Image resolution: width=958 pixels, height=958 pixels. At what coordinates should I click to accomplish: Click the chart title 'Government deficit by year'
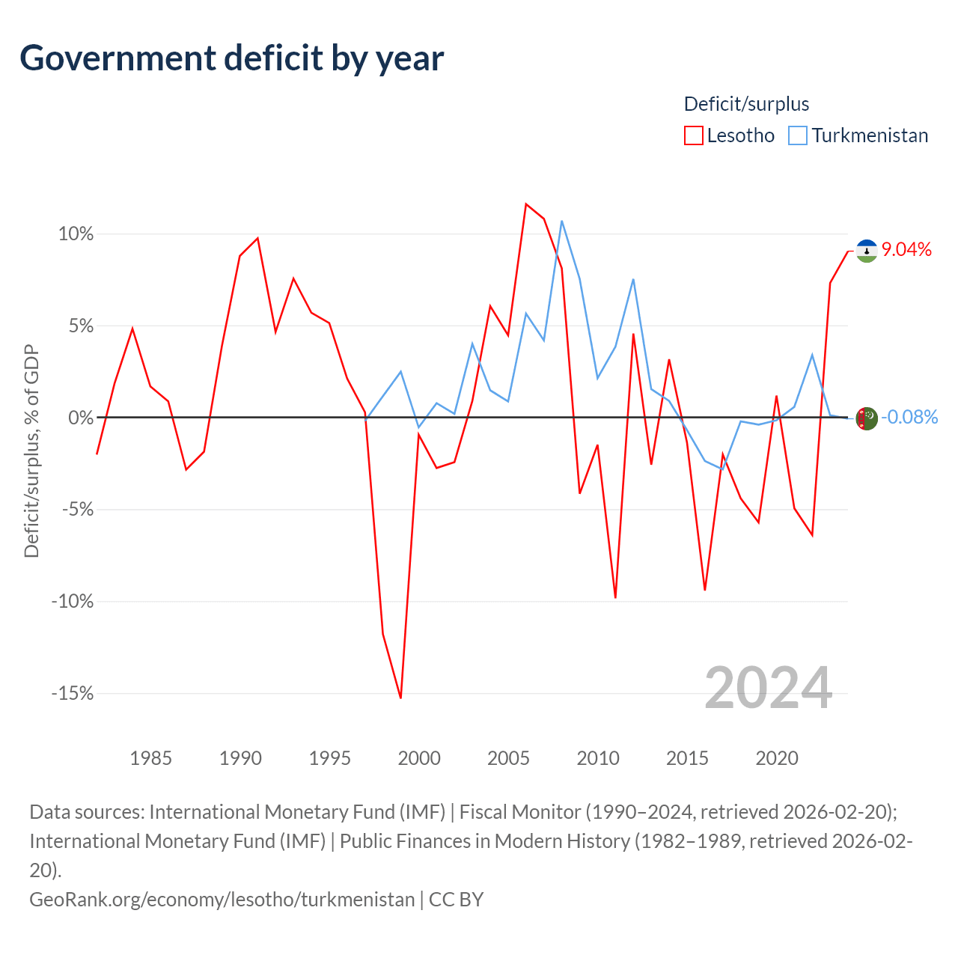[231, 58]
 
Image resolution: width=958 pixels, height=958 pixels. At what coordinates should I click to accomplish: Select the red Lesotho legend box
[693, 135]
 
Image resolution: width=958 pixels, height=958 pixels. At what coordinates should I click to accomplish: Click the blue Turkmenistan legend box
[797, 135]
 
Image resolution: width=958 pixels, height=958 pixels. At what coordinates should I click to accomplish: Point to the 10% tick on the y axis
[76, 234]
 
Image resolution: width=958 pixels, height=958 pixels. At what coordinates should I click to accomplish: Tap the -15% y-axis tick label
[73, 693]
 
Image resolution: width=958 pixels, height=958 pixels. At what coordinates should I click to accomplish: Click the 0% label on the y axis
[81, 418]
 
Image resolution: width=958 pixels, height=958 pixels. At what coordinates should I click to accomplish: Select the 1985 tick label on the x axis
[150, 758]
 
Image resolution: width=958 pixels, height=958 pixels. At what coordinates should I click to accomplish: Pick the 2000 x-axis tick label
[419, 758]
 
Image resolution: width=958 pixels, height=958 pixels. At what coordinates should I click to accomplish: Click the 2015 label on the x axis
[687, 758]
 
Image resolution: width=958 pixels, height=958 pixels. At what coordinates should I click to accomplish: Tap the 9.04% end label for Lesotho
[906, 249]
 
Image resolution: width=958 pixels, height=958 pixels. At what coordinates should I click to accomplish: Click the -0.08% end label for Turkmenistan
[909, 417]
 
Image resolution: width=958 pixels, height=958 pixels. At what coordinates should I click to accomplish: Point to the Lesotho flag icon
[867, 251]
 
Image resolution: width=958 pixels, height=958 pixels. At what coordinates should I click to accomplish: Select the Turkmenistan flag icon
[867, 418]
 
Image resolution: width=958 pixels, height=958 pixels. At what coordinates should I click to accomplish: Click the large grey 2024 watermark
[769, 688]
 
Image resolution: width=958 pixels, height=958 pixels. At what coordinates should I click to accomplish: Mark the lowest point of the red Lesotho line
[400, 698]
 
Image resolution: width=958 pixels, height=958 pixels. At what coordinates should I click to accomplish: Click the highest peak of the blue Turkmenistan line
[562, 221]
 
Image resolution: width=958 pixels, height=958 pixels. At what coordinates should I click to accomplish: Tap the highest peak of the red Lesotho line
[526, 204]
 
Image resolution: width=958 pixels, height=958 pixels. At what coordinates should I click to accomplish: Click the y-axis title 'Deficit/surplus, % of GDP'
[31, 451]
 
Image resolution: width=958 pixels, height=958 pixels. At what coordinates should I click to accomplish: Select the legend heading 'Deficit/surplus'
[746, 104]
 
